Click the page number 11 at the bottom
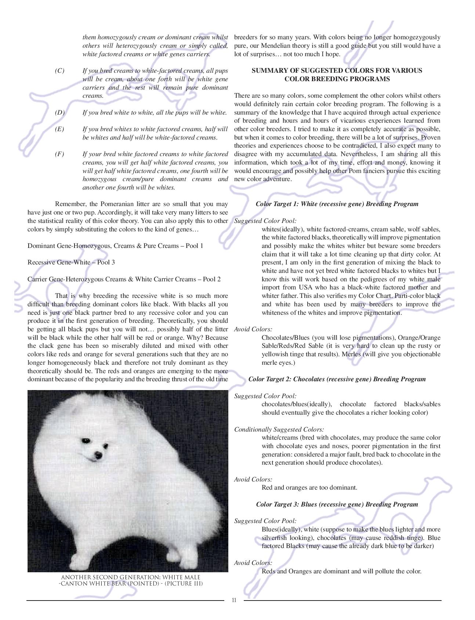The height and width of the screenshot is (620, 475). [x=234, y=600]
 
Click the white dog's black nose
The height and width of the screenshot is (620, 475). [x=98, y=455]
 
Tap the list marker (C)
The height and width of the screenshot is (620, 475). [x=59, y=71]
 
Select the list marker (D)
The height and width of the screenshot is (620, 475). [x=59, y=113]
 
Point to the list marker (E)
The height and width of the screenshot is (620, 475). [x=59, y=129]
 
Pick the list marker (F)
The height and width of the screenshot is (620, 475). [x=59, y=154]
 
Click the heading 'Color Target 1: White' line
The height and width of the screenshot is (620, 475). [x=337, y=204]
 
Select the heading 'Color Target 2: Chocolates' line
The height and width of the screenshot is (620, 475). [x=337, y=379]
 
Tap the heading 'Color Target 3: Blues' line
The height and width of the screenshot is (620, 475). [x=337, y=504]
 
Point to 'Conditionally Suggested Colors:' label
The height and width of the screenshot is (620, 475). [x=279, y=429]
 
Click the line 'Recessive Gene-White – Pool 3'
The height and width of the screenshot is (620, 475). [x=68, y=262]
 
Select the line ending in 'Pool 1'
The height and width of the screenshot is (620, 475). [x=115, y=246]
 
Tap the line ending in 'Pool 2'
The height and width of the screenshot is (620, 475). [x=124, y=279]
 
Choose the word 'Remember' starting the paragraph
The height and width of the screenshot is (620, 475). [x=70, y=204]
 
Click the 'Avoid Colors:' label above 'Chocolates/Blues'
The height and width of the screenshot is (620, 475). [x=253, y=329]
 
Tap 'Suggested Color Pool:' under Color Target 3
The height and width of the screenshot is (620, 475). [x=265, y=521]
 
